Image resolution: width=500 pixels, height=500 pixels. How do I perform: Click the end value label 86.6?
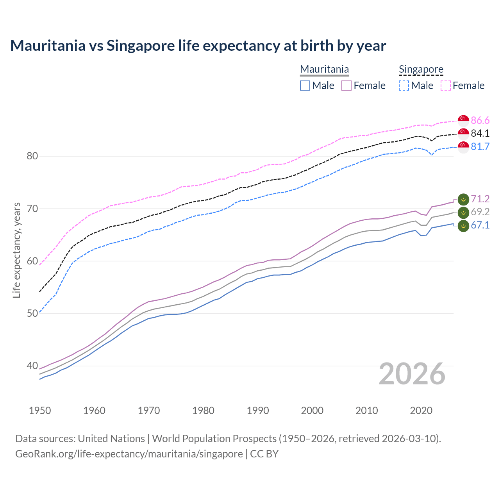coord(480,120)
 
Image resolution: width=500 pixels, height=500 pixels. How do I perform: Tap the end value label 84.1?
coord(480,134)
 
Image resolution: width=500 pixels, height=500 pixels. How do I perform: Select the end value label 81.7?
coord(480,147)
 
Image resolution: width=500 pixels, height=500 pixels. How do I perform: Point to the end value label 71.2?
coord(480,199)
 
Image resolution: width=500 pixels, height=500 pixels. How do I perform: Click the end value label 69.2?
coord(480,212)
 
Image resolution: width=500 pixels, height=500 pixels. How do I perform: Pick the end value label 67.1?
coord(480,225)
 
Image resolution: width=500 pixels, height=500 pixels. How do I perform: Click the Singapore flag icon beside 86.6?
coord(463,120)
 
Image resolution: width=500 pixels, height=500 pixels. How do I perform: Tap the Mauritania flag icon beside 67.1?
coord(463,226)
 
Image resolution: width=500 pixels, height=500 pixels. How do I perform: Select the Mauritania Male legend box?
coord(305,86)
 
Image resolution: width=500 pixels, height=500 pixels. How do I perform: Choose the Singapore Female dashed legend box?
coord(446,86)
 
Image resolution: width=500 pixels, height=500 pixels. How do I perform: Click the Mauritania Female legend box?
coord(346,86)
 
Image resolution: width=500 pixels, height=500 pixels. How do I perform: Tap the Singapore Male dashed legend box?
coord(404,86)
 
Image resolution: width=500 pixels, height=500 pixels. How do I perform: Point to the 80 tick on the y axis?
coord(32,156)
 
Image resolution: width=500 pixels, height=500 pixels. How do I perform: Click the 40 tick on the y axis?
coord(32,366)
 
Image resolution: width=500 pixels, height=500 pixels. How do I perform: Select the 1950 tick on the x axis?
coord(40,411)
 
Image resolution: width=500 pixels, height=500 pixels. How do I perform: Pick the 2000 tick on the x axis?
coord(312,411)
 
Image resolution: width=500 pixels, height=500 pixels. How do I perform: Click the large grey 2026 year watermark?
coord(412,374)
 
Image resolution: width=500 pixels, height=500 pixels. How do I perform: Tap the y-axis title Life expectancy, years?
coord(17,250)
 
